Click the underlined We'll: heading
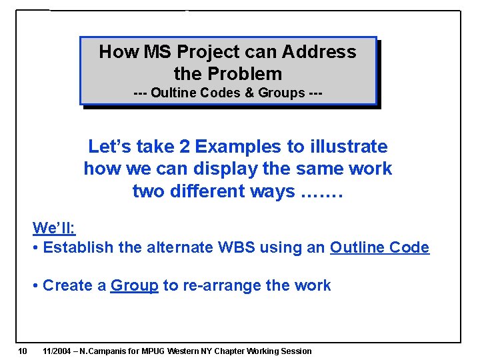tap(54, 228)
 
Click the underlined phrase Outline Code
tap(379, 248)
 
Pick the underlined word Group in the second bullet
tap(134, 285)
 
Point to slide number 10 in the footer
tap(22, 351)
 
